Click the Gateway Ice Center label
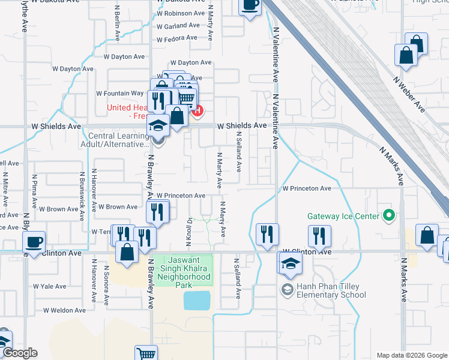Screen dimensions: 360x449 pyautogui.click(x=343, y=216)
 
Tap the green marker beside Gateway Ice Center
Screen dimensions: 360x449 pyautogui.click(x=389, y=215)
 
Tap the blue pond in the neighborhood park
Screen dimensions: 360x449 pyautogui.click(x=197, y=300)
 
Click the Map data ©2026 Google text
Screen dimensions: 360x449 pyautogui.click(x=411, y=355)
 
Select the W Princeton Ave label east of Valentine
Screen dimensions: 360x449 pyautogui.click(x=307, y=188)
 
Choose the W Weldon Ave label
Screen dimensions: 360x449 pyautogui.click(x=64, y=310)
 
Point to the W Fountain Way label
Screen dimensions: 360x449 pyautogui.click(x=120, y=94)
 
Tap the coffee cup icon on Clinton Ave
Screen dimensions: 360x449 pyautogui.click(x=34, y=242)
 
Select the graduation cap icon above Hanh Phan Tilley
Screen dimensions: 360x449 pyautogui.click(x=290, y=263)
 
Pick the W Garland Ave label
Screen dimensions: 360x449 pyautogui.click(x=178, y=26)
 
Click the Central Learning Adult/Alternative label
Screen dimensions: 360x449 pyautogui.click(x=113, y=140)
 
